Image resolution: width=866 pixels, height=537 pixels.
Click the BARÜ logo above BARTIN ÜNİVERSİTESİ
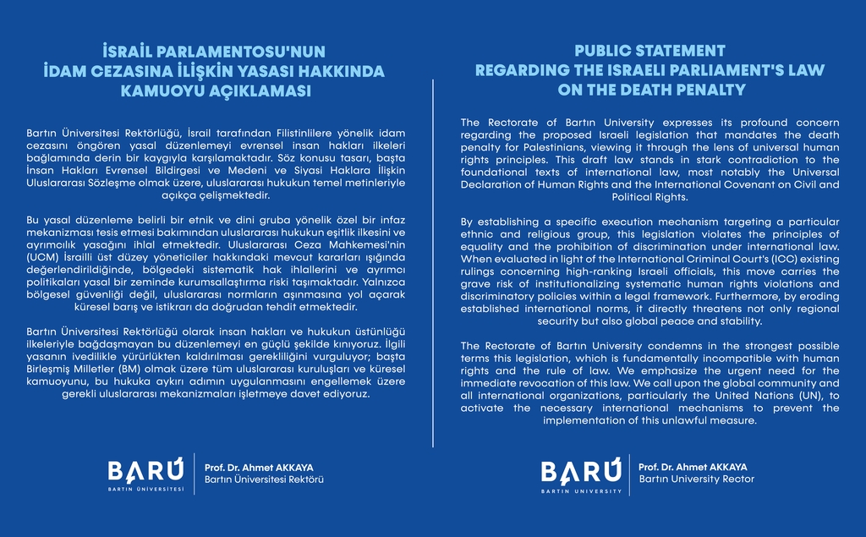coord(145,469)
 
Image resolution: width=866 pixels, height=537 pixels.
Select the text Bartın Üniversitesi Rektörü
coord(265,479)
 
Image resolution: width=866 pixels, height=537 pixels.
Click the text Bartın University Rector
coord(696,479)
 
